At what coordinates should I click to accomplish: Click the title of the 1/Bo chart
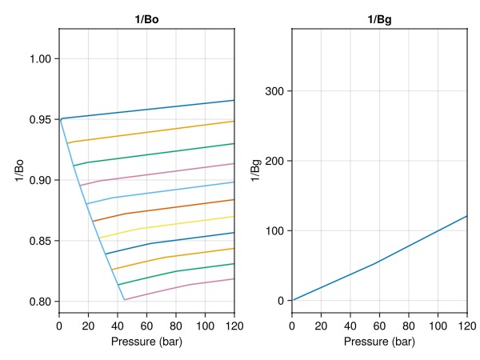(146, 18)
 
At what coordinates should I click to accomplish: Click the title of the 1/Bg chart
(380, 18)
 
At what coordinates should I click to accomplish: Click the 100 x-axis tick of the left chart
(205, 326)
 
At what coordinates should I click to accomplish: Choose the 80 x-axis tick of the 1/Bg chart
(409, 326)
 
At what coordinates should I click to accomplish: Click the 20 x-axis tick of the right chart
(321, 326)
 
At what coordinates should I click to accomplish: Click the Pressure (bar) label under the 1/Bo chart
(146, 342)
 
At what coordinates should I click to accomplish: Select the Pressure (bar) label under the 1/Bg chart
(380, 342)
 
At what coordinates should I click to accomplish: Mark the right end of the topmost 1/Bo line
(234, 100)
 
